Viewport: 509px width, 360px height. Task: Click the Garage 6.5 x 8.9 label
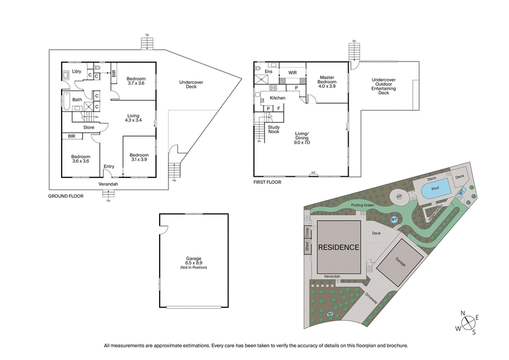tap(189, 263)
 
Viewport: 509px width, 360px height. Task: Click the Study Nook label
tap(274, 129)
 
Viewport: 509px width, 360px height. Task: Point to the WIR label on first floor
tap(293, 74)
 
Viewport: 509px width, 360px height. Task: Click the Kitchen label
tap(277, 98)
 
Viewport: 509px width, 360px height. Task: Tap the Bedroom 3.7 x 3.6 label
tap(136, 80)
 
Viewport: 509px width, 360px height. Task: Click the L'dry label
tap(78, 71)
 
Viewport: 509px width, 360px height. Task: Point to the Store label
tap(88, 127)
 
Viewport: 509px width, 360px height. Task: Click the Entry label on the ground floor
tap(109, 167)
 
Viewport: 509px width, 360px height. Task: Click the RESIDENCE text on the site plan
tap(339, 247)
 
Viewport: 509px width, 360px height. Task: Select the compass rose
tap(471, 322)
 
